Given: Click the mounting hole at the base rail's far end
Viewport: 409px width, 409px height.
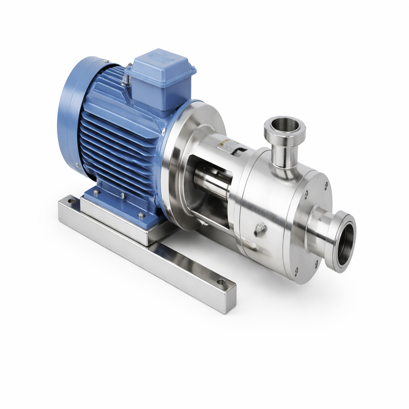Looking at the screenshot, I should coord(72,201).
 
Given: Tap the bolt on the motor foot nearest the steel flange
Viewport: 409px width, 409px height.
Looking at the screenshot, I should coord(141,215).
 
